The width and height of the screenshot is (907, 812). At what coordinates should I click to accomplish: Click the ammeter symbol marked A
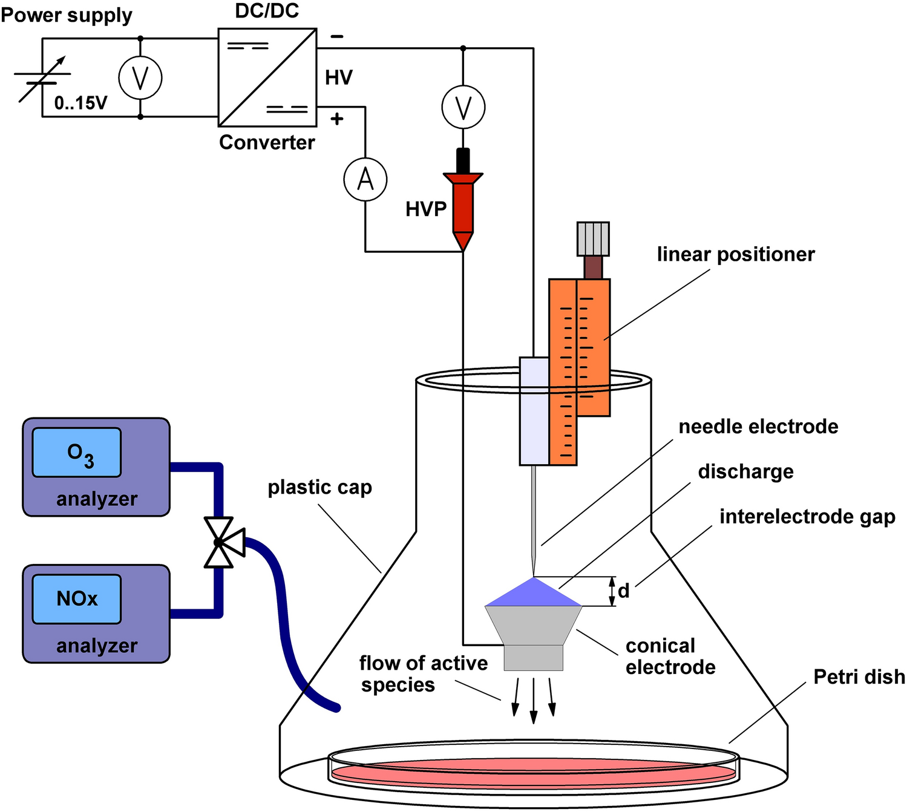pos(365,180)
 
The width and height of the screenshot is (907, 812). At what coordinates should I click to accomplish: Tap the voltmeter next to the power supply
pos(140,78)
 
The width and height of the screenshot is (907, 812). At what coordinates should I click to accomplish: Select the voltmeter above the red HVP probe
pos(463,108)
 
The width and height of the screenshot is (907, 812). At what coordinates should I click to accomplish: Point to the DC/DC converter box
pos(267,77)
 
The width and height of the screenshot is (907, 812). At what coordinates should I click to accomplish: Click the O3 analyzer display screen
pos(77,453)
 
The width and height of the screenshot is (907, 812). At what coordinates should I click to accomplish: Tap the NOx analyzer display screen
pos(77,600)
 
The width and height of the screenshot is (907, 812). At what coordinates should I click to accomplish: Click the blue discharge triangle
pos(533,592)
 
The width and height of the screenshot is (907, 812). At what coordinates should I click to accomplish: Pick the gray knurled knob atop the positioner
pos(593,239)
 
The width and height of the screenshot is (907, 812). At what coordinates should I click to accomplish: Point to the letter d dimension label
pos(624,591)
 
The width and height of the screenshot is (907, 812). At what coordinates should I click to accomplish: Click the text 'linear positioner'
pos(736,254)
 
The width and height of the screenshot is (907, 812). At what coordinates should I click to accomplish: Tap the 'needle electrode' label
pos(758,427)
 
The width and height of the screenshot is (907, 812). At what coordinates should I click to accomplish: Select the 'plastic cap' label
pos(319,488)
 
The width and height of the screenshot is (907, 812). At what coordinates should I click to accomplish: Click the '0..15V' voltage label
pos(80,103)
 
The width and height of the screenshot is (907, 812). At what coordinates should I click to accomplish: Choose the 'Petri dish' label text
pos(859,677)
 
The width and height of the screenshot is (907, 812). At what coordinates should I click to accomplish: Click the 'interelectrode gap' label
pos(808,517)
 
